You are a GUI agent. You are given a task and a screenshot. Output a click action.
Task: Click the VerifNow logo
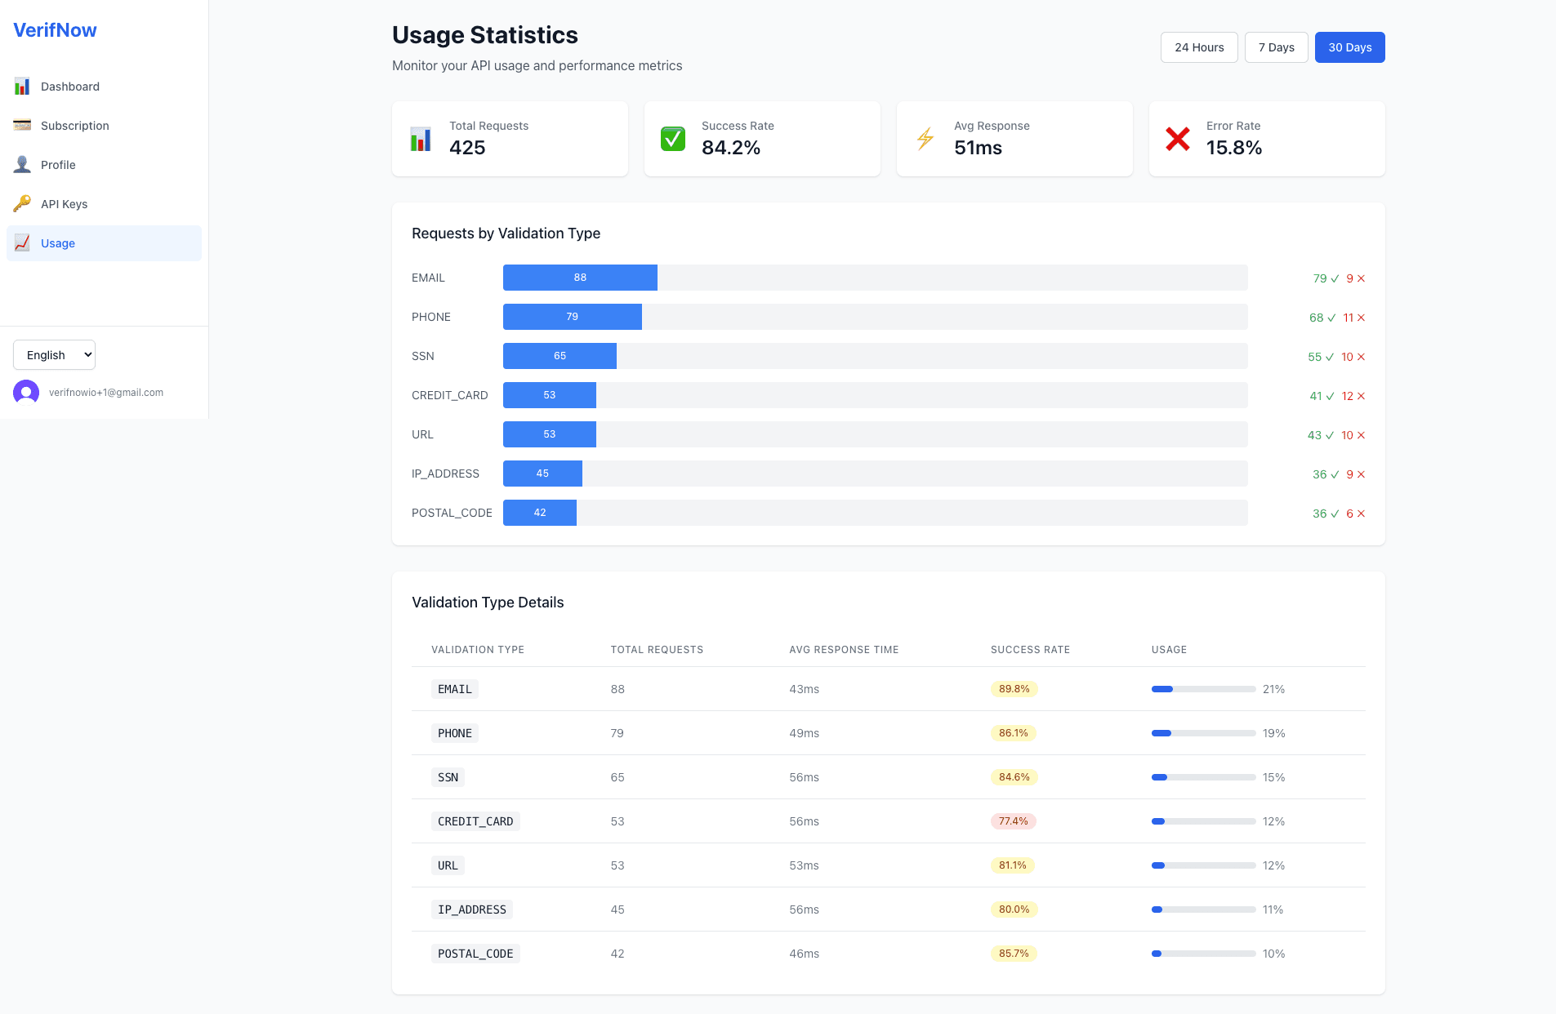(55, 30)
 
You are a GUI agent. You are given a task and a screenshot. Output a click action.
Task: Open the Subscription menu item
(74, 126)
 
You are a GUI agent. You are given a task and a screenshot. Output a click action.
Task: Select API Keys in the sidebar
(64, 204)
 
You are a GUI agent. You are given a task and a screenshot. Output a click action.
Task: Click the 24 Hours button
(1198, 47)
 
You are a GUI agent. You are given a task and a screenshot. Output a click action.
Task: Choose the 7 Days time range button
(1276, 47)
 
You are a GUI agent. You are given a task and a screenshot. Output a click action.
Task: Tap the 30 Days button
(1349, 47)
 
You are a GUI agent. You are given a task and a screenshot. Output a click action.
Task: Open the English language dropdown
(54, 355)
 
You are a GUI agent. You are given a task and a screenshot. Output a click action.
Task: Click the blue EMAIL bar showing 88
(580, 278)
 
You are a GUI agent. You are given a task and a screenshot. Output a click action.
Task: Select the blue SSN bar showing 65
(560, 356)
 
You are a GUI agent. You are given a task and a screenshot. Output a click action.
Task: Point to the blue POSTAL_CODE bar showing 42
(540, 513)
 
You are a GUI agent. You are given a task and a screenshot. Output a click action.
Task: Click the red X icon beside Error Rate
(1177, 139)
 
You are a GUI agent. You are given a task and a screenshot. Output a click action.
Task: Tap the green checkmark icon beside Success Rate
(673, 139)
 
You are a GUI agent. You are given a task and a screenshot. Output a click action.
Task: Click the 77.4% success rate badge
(1013, 821)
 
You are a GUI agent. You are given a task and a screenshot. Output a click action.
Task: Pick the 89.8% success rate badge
(1014, 689)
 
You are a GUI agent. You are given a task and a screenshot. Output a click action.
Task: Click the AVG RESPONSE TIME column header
(844, 650)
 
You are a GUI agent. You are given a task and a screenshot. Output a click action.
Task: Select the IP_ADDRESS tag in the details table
(471, 909)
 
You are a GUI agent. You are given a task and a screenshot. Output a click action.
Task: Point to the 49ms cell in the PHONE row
(804, 733)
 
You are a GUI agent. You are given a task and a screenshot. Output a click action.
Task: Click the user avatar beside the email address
(26, 393)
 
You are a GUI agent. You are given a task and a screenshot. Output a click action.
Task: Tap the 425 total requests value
(467, 148)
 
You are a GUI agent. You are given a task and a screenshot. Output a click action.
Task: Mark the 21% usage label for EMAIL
(1273, 689)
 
